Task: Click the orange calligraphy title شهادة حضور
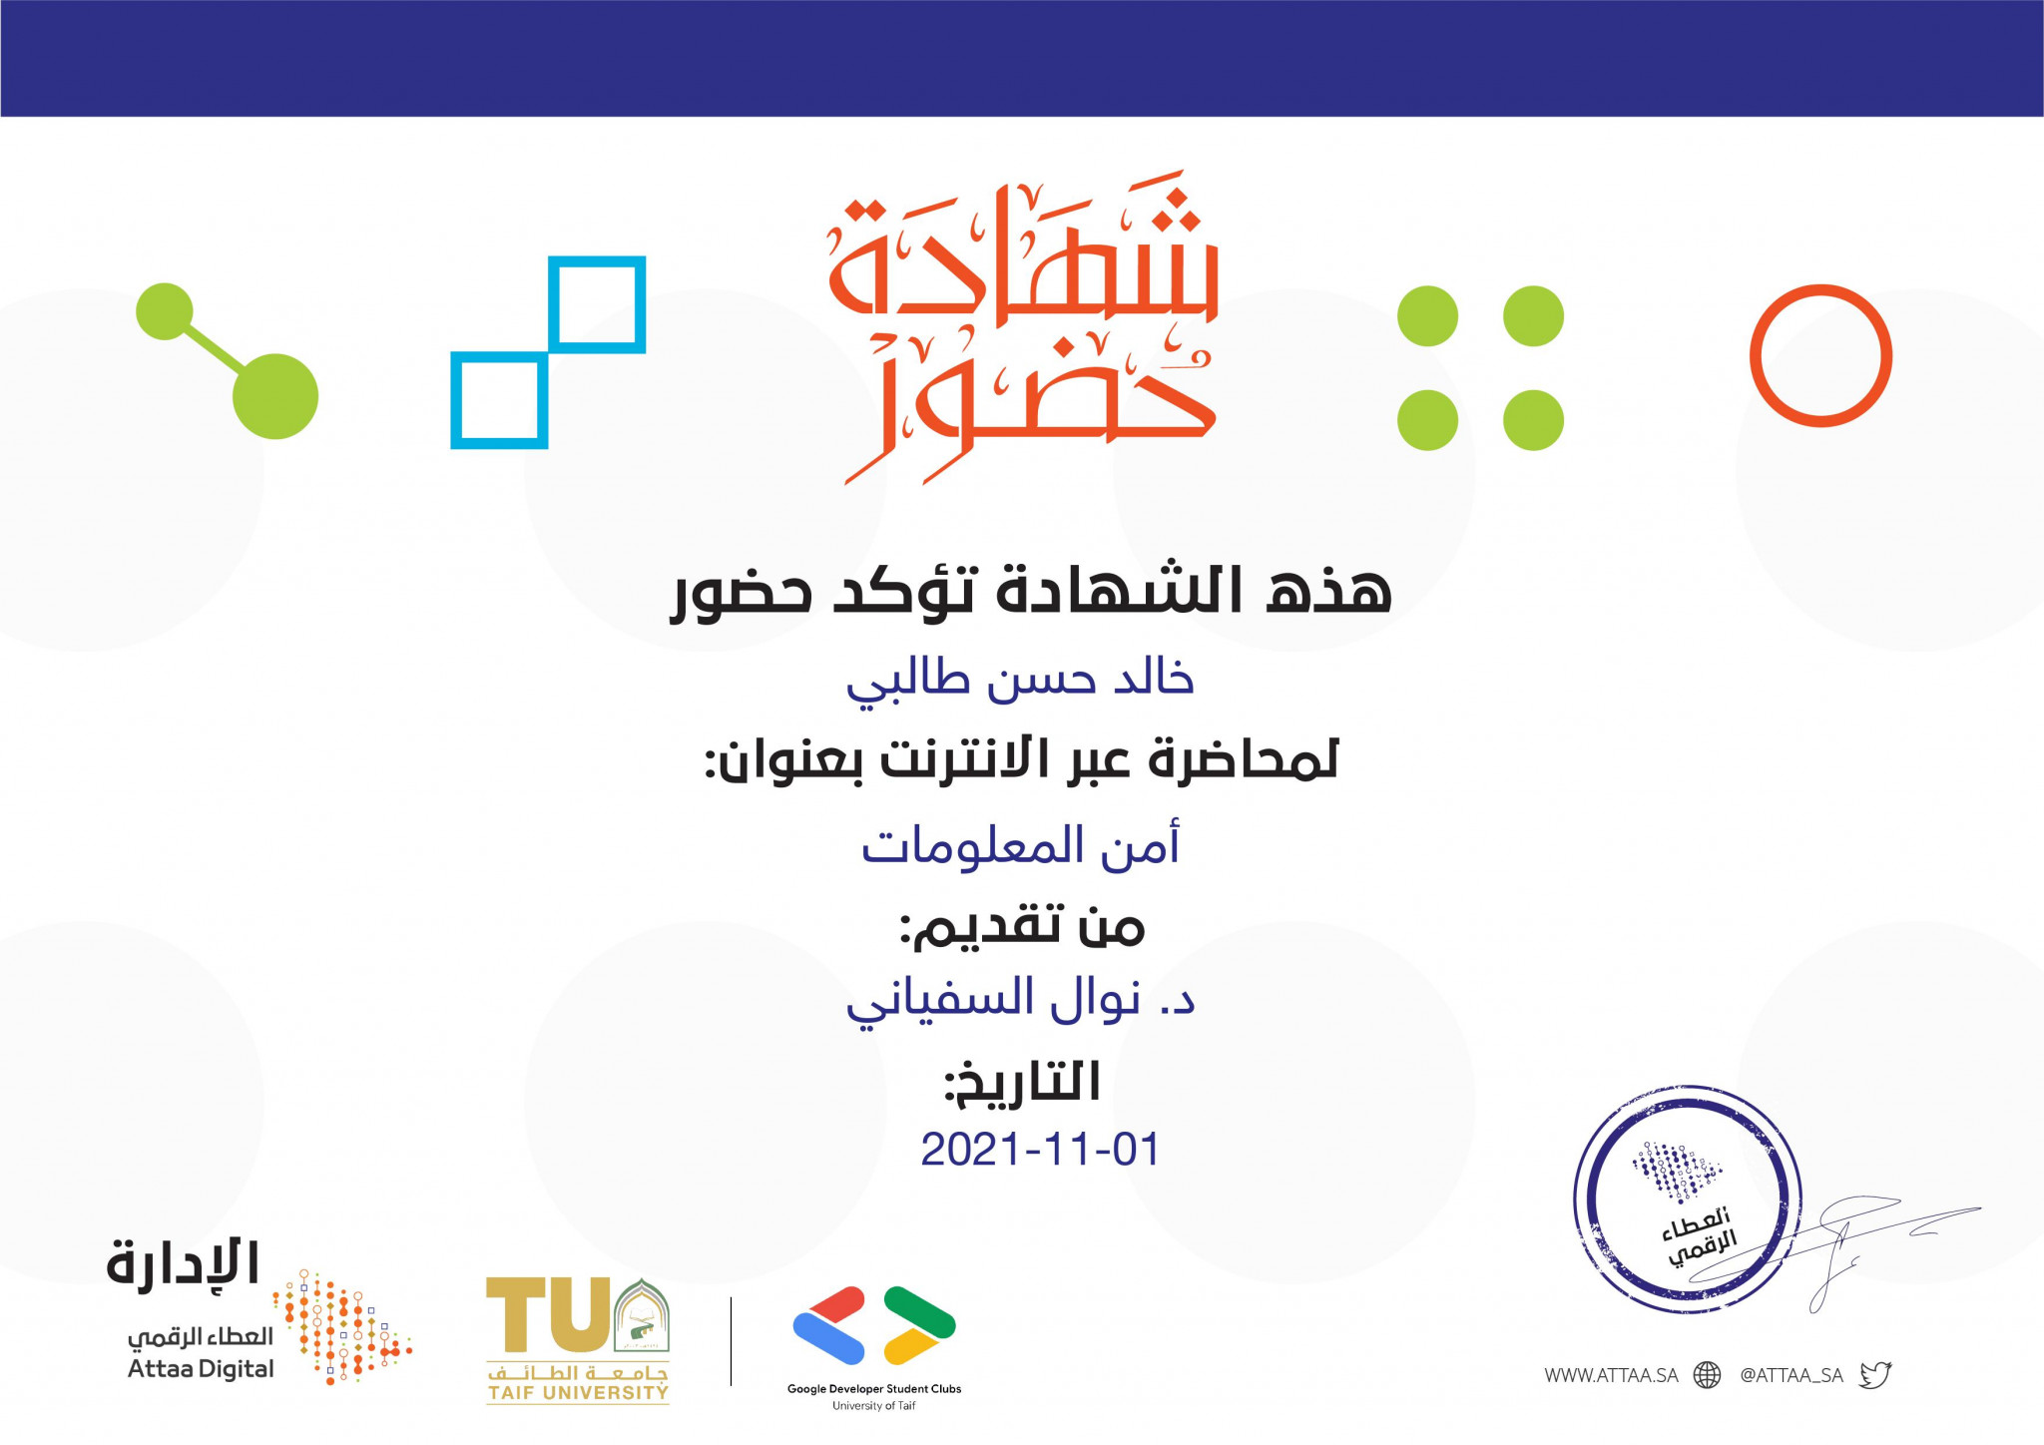[1023, 327]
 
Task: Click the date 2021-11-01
[1040, 1150]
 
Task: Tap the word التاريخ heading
[1022, 1084]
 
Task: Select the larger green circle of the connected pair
[275, 396]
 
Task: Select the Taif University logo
[578, 1340]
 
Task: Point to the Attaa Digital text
[201, 1369]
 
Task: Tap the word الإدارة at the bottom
[183, 1264]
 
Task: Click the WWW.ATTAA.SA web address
[1611, 1375]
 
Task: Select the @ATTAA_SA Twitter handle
[1791, 1375]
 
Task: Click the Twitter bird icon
[1875, 1375]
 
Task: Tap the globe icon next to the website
[1708, 1375]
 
